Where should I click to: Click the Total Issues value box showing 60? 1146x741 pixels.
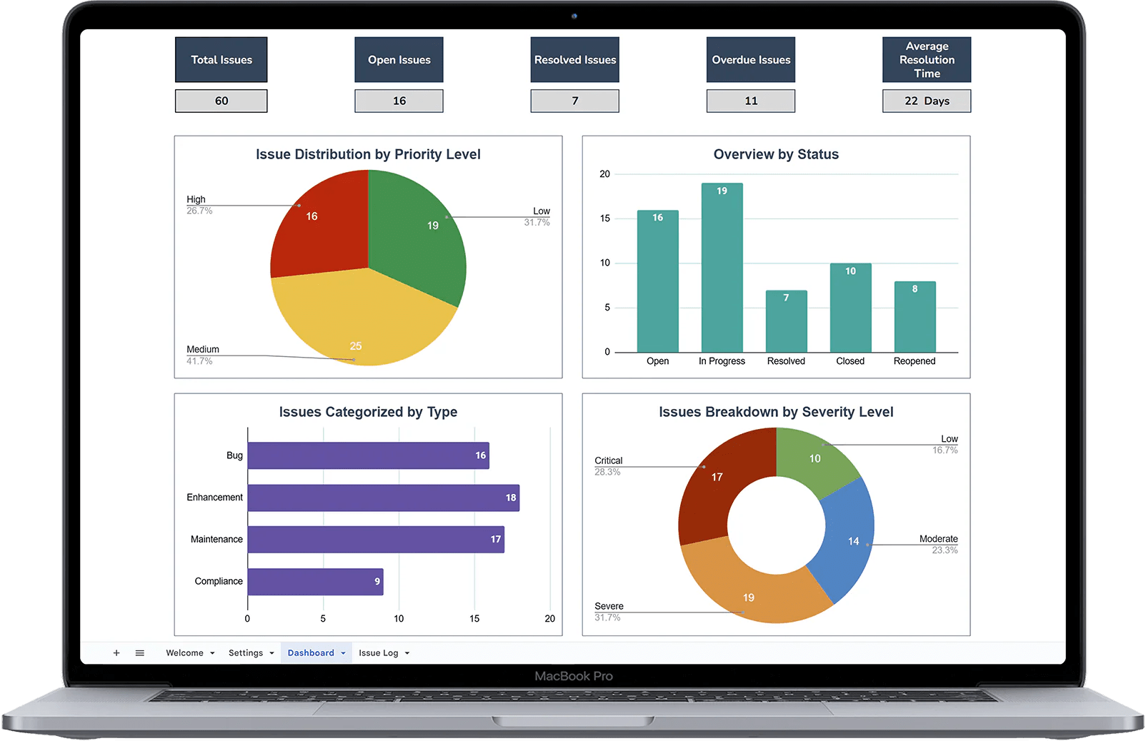[221, 101]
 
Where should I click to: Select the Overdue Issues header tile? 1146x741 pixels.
[750, 60]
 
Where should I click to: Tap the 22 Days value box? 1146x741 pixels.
[926, 101]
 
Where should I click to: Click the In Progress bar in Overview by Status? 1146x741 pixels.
[722, 271]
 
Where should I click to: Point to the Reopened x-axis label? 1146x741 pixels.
[914, 361]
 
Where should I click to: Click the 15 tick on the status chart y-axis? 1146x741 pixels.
[605, 218]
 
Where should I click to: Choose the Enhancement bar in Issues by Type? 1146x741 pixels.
[383, 498]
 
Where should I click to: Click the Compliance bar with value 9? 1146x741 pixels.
[315, 582]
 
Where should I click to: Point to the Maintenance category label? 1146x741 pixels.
[216, 539]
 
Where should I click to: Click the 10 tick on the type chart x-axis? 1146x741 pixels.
[399, 618]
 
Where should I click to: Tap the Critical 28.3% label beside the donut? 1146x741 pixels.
[608, 465]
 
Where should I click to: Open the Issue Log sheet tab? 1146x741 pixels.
[379, 652]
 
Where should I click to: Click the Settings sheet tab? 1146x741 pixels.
[246, 652]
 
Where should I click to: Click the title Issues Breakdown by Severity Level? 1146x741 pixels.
[776, 412]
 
